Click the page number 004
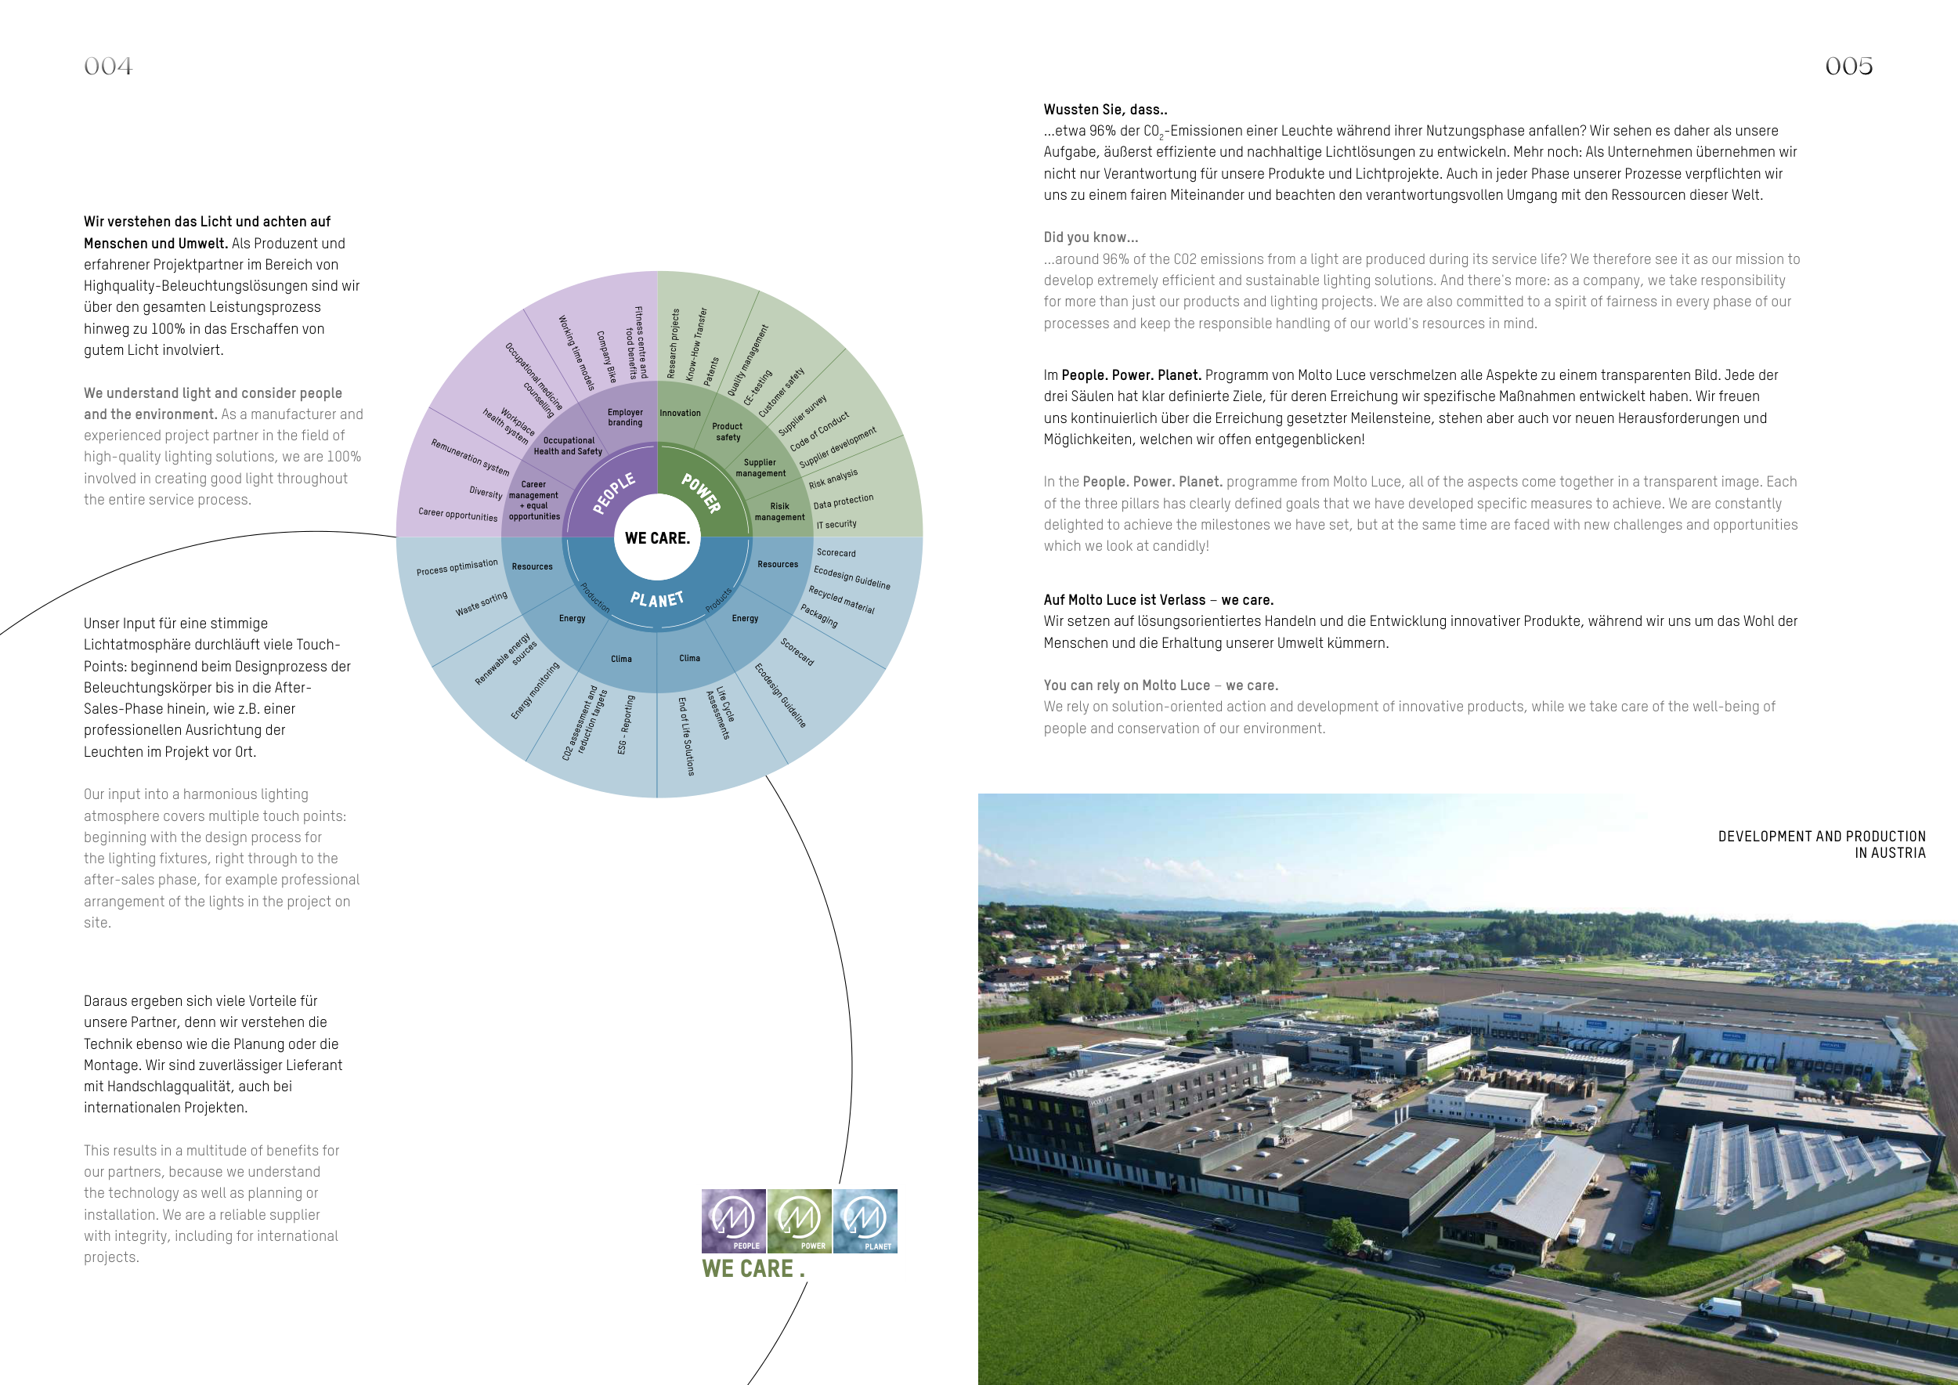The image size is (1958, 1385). (x=108, y=67)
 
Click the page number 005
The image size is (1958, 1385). (x=1849, y=67)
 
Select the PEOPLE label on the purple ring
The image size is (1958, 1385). (x=614, y=493)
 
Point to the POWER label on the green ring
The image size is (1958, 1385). (x=701, y=493)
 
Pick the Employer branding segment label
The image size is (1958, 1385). (x=625, y=418)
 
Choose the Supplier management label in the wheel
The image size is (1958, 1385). (x=760, y=468)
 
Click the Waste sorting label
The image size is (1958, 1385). (x=481, y=604)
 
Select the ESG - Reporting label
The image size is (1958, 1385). (x=625, y=724)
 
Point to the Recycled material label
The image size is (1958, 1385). (x=841, y=599)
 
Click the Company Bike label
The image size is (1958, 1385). (x=605, y=356)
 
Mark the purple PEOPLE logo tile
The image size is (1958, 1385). (x=733, y=1220)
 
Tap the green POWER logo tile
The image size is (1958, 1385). (x=799, y=1220)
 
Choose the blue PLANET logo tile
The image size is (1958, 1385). (x=865, y=1220)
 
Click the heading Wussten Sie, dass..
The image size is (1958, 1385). (x=1105, y=110)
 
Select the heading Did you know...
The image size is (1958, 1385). (x=1091, y=238)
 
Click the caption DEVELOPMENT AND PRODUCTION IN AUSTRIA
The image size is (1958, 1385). (x=1822, y=844)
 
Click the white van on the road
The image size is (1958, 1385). (x=1721, y=1308)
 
